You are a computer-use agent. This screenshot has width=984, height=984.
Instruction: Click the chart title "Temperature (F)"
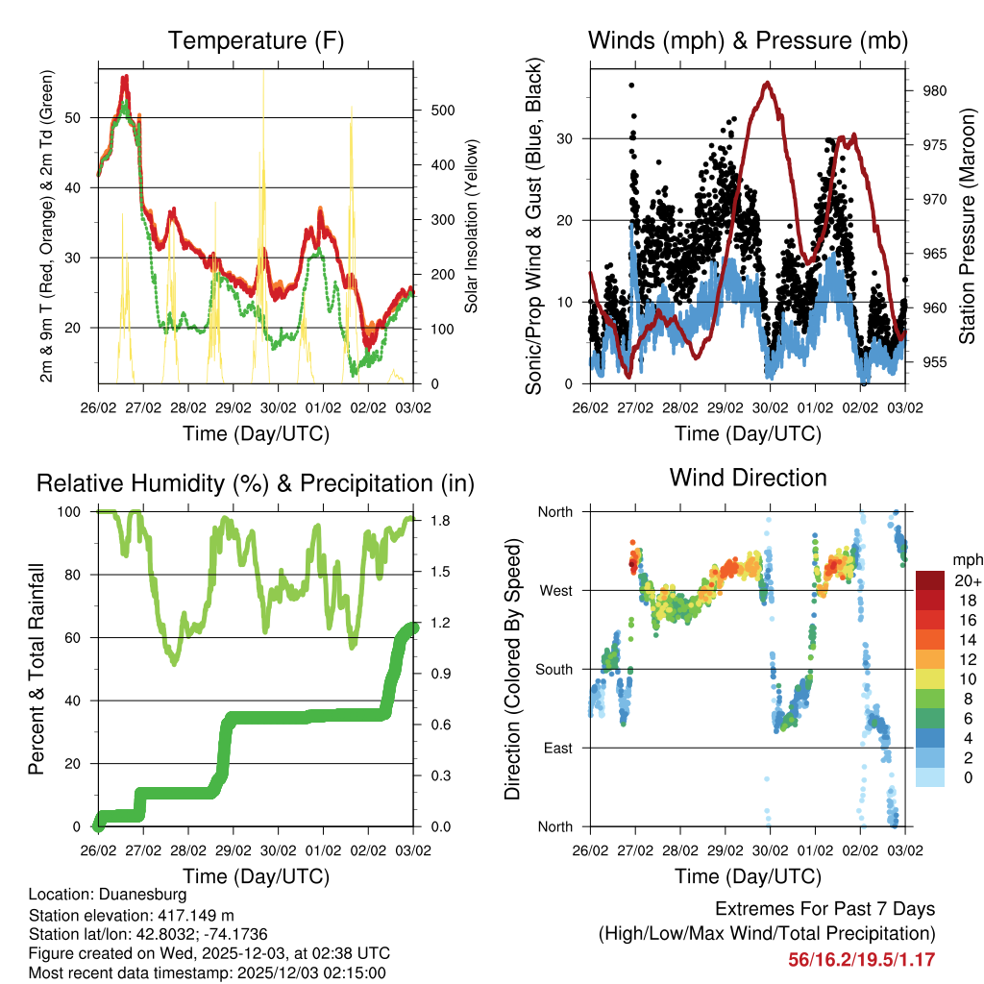256,40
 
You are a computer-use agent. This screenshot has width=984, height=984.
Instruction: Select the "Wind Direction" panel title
748,477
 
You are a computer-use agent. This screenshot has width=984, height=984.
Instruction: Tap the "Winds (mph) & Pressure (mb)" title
748,40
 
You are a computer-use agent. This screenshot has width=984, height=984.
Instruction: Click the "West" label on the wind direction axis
554,590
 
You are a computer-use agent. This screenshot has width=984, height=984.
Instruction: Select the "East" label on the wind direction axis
556,748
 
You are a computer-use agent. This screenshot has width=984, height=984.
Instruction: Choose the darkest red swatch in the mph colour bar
930,581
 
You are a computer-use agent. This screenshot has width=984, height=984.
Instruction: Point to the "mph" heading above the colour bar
966,559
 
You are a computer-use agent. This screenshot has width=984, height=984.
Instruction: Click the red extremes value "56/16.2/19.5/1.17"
862,959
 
